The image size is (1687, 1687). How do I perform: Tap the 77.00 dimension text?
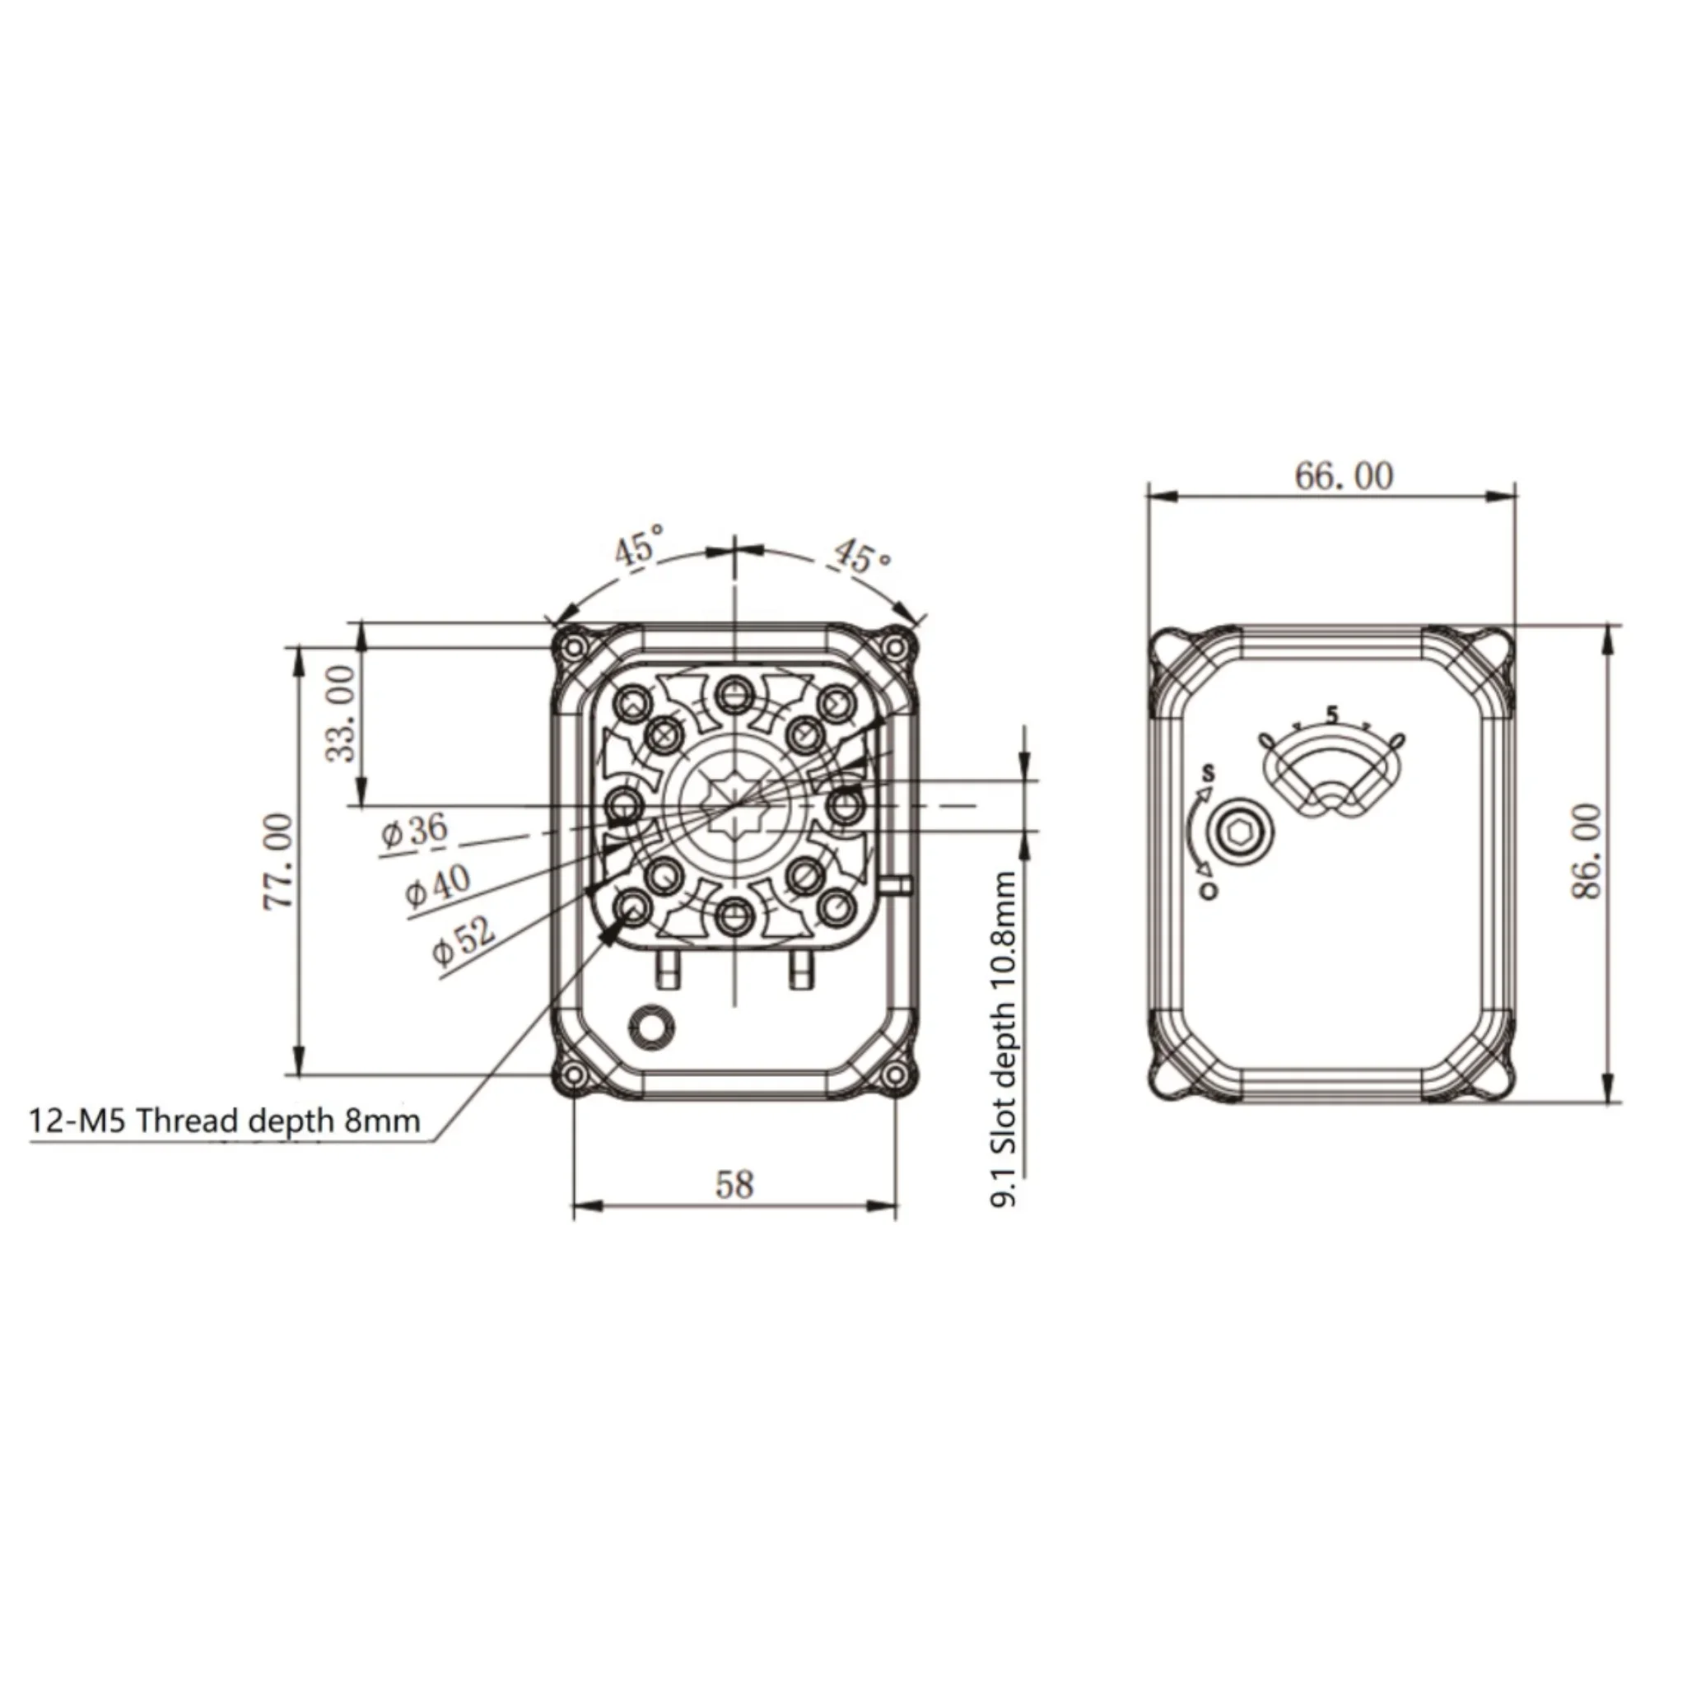[x=278, y=861]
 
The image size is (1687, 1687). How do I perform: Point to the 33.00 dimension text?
[x=342, y=712]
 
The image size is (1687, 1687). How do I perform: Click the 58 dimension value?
[x=734, y=1185]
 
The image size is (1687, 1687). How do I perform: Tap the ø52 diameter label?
[x=464, y=940]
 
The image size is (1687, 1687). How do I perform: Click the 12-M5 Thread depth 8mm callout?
[x=226, y=1121]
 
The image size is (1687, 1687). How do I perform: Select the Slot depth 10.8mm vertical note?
[x=1005, y=1039]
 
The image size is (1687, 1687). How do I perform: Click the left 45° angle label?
[x=638, y=548]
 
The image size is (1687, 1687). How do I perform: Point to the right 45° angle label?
[x=863, y=556]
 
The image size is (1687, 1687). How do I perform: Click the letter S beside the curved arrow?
[x=1209, y=773]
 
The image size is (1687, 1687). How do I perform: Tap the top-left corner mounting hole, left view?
[x=575, y=647]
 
